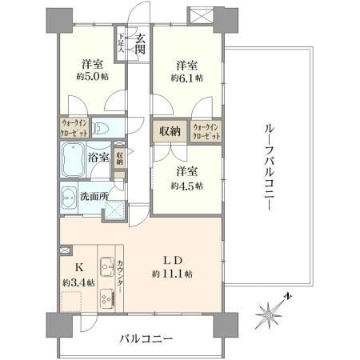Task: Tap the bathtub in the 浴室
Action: (73, 160)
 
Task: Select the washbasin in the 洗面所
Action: (69, 198)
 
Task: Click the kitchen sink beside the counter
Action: (107, 267)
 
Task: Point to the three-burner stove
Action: (108, 299)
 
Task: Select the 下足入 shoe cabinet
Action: (121, 43)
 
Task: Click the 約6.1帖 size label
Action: (186, 78)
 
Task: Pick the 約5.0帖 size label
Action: (93, 77)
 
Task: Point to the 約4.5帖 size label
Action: (186, 186)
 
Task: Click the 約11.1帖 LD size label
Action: (172, 274)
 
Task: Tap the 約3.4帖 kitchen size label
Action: (78, 282)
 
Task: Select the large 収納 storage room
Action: (170, 131)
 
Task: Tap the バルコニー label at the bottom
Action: (146, 339)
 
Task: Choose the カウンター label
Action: (120, 276)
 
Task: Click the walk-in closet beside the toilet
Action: (74, 128)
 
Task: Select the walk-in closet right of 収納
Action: (206, 131)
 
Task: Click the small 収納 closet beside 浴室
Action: (119, 158)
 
